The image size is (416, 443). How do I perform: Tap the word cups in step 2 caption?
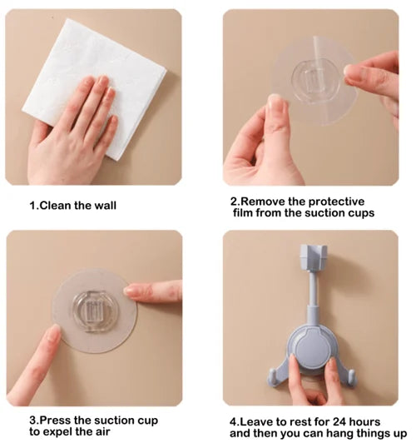click(359, 212)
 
